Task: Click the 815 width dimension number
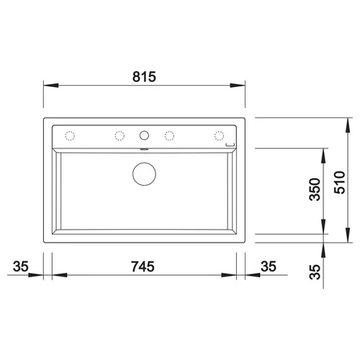[144, 77]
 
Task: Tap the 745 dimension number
[143, 266]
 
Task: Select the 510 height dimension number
[340, 182]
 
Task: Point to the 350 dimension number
[315, 189]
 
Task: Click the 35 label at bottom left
[21, 266]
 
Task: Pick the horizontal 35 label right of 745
[269, 266]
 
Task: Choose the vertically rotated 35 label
[315, 272]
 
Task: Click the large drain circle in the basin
[144, 174]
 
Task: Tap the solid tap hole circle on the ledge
[144, 135]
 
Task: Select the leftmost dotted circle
[70, 136]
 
